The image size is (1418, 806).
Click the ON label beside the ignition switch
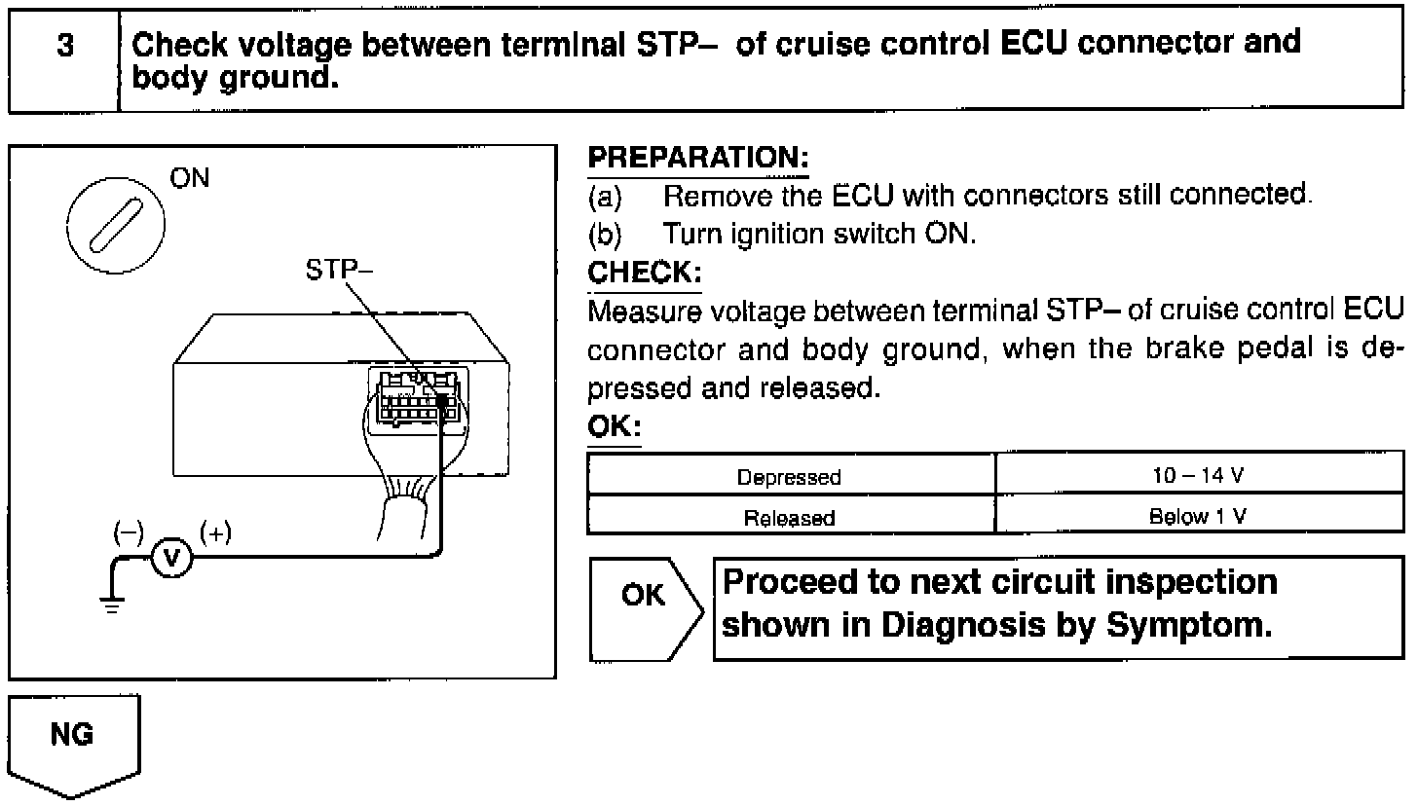click(189, 179)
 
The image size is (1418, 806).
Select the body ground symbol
click(115, 603)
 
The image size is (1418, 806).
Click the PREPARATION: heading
click(698, 158)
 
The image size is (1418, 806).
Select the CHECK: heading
click(644, 273)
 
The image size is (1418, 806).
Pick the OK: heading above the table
click(614, 427)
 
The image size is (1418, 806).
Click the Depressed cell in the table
click(790, 477)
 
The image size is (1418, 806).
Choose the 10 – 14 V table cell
click(1198, 477)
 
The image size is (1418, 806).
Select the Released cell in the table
click(790, 518)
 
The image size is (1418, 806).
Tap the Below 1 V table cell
click(1198, 518)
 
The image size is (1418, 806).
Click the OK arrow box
click(645, 608)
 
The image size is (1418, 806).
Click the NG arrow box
click(74, 740)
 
